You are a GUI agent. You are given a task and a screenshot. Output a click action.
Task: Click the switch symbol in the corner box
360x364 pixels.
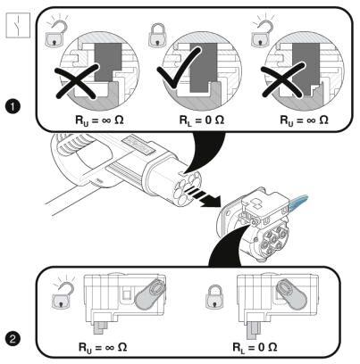tap(18, 25)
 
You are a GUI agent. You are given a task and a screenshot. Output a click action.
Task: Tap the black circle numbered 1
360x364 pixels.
tap(13, 107)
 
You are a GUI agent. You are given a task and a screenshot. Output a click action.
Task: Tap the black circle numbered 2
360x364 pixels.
tap(13, 339)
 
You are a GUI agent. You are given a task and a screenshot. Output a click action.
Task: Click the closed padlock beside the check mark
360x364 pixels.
tap(157, 35)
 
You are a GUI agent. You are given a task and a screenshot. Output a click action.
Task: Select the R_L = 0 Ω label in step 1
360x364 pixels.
tap(202, 120)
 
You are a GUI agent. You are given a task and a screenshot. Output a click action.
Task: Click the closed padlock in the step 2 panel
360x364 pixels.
tap(215, 297)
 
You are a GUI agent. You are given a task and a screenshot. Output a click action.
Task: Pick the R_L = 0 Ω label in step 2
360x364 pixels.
tap(255, 347)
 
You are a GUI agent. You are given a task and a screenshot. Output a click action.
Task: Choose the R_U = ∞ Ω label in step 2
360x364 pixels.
tap(103, 347)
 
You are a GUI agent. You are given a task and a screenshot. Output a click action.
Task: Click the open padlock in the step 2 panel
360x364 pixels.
tap(63, 294)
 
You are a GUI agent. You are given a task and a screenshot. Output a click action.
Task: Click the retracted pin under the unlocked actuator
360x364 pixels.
tap(100, 327)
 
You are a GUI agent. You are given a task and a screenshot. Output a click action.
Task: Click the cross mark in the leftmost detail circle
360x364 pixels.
tap(77, 81)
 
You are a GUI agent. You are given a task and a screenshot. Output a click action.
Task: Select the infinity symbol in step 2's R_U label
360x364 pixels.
tap(106, 347)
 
